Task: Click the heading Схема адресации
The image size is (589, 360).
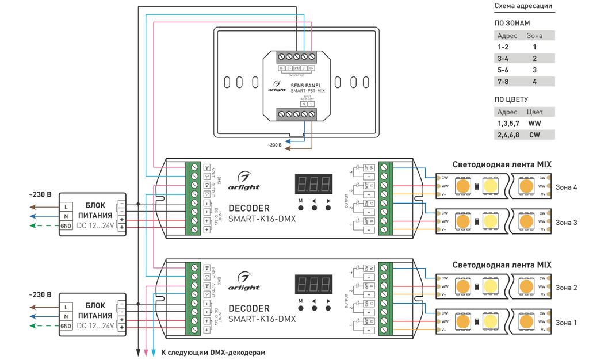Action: pyautogui.click(x=523, y=7)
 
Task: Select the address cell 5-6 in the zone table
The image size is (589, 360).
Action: pyautogui.click(x=503, y=70)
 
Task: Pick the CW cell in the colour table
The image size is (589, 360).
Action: pyautogui.click(x=534, y=135)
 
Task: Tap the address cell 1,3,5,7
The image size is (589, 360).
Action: pyautogui.click(x=508, y=124)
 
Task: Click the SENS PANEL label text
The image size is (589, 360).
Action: pyautogui.click(x=306, y=85)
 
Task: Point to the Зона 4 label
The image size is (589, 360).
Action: pyautogui.click(x=566, y=187)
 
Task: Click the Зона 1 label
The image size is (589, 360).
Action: pyautogui.click(x=566, y=323)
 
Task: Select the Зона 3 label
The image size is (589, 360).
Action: pyautogui.click(x=566, y=223)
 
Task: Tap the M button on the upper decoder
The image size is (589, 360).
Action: pyautogui.click(x=300, y=207)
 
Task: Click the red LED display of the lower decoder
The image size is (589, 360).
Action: pyautogui.click(x=313, y=285)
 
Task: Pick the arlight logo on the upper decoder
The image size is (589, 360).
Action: pyautogui.click(x=248, y=182)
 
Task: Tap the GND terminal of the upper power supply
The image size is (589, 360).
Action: pyautogui.click(x=66, y=226)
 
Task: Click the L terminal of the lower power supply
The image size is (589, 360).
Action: pyautogui.click(x=66, y=307)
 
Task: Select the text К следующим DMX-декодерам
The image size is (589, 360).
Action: pyautogui.click(x=213, y=352)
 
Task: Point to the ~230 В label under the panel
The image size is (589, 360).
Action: pyautogui.click(x=274, y=145)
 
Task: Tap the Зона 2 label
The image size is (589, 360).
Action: pyautogui.click(x=566, y=288)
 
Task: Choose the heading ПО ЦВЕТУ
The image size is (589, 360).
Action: pyautogui.click(x=511, y=99)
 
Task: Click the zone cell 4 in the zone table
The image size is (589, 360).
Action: pyautogui.click(x=534, y=82)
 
